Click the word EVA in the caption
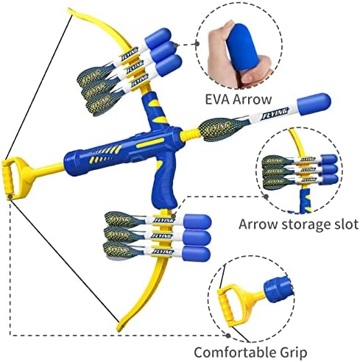pos(216,99)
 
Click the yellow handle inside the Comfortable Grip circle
pos(234,305)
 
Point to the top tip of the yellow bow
pos(69,10)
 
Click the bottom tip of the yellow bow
pos(119,330)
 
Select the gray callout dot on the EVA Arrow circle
pos(197,43)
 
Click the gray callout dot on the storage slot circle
pos(266,196)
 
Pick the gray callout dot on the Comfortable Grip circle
pos(228,336)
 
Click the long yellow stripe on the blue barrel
pos(150,143)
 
